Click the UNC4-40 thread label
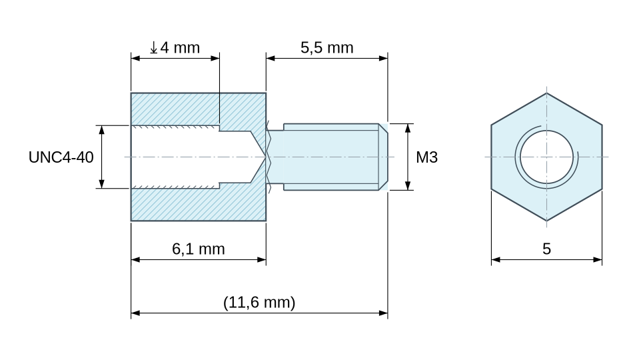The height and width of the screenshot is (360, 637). point(61,157)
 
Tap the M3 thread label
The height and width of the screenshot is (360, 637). point(426,157)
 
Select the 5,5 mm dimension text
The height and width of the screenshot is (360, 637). point(327,47)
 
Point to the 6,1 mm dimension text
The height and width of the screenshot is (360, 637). point(199,249)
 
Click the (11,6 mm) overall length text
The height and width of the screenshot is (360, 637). point(259,302)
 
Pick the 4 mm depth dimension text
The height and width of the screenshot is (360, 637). point(180,47)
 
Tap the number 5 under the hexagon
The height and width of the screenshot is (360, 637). point(546,249)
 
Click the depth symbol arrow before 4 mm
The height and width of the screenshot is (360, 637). point(153,47)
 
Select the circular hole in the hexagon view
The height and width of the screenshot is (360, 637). point(546,157)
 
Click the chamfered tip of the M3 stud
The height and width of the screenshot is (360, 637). point(383,157)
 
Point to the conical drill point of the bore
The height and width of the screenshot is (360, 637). point(259,157)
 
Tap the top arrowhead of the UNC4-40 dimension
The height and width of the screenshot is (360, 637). point(101,130)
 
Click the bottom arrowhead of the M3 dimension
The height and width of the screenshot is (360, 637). point(408,185)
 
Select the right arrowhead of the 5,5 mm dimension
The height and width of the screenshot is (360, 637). point(383,58)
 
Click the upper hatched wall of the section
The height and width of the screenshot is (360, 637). point(199,109)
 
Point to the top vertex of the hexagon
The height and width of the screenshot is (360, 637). point(546,93)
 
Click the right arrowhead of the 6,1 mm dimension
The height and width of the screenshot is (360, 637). point(261,259)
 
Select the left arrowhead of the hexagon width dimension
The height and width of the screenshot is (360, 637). point(496,259)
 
